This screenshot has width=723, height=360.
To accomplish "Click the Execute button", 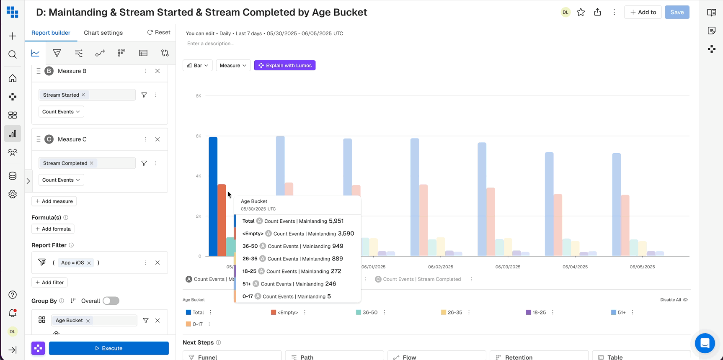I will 108,348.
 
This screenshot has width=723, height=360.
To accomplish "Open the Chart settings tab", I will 103,33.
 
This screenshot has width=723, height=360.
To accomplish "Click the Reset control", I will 159,32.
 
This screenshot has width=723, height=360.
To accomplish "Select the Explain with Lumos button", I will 285,65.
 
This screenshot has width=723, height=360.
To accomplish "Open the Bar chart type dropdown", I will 198,65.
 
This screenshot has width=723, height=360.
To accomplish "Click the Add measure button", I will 54,201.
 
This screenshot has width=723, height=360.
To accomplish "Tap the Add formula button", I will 53,229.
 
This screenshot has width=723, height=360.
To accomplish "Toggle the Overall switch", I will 111,301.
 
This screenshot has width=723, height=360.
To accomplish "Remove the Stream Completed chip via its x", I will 92,163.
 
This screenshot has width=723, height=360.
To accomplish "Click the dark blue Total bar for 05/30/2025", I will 213,197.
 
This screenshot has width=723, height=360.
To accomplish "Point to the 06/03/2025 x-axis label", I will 508,267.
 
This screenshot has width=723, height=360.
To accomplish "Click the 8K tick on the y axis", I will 198,96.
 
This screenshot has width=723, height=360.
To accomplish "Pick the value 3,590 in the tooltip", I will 346,234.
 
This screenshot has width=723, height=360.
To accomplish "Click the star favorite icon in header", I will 581,12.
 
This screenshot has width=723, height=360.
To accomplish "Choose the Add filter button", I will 50,283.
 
